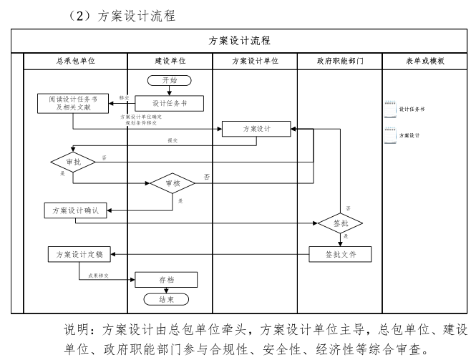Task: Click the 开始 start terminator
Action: pos(169,80)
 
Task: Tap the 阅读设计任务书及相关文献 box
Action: pos(74,103)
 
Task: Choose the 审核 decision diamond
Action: pos(172,183)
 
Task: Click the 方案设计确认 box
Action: pos(75,210)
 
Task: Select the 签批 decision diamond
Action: pos(340,223)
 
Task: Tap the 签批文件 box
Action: pos(341,254)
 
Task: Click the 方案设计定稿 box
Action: pos(75,253)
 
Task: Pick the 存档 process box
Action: pos(166,280)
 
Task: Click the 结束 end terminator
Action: pos(166,298)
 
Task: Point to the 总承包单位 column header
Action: pos(75,62)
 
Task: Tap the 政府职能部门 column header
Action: pos(340,62)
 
